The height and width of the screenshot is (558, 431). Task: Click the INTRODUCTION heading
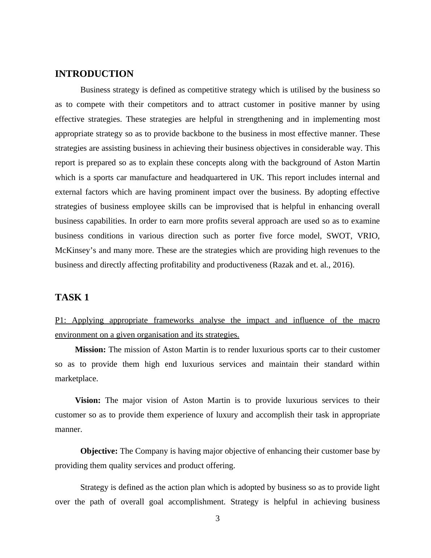94,74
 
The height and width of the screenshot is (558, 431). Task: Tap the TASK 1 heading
72,297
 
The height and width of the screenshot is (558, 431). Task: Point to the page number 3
217,519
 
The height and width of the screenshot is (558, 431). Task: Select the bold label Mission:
90,350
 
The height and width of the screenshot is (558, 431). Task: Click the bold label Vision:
88,400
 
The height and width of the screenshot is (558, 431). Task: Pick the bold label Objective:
99,451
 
